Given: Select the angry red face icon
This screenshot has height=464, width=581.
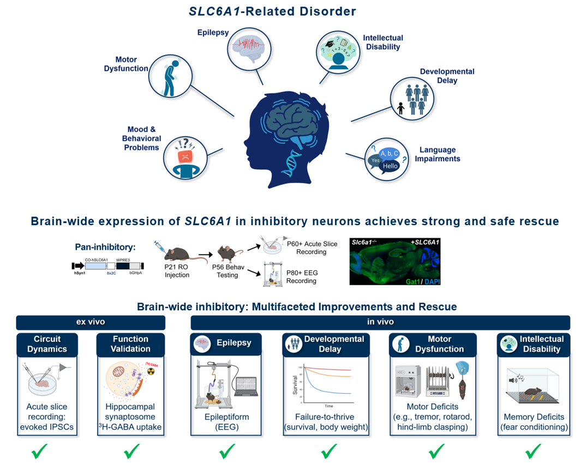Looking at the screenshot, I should pos(186,156).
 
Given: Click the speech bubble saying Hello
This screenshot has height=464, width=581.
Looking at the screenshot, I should pos(390,166).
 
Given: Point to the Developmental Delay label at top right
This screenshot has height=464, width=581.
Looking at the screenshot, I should pos(447,76).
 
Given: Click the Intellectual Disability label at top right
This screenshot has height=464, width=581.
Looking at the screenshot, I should pos(383,43).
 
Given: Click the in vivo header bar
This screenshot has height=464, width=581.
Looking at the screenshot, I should pos(380,322).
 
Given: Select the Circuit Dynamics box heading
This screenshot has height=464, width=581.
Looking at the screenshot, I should pos(47,344).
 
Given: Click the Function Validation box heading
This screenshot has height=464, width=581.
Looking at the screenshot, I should pos(130,344).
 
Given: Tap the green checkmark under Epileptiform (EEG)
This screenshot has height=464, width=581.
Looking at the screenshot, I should pos(227,451).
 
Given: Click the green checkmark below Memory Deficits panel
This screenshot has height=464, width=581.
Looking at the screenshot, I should pos(534,451).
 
